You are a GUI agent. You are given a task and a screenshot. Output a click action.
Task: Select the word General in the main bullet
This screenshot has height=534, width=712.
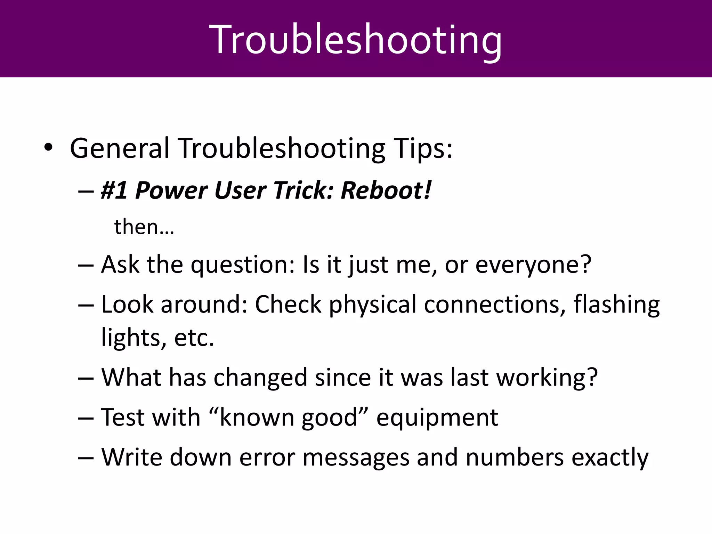(x=120, y=148)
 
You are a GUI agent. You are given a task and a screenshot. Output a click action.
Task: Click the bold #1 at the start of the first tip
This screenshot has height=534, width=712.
(x=114, y=191)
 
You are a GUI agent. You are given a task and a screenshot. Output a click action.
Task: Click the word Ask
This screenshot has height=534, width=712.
(x=120, y=265)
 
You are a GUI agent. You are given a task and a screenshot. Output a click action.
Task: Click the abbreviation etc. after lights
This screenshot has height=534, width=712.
(x=194, y=338)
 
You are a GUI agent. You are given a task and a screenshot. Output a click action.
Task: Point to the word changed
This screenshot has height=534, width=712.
(x=260, y=378)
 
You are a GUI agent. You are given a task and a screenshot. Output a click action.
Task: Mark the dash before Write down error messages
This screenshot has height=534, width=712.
(x=86, y=458)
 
